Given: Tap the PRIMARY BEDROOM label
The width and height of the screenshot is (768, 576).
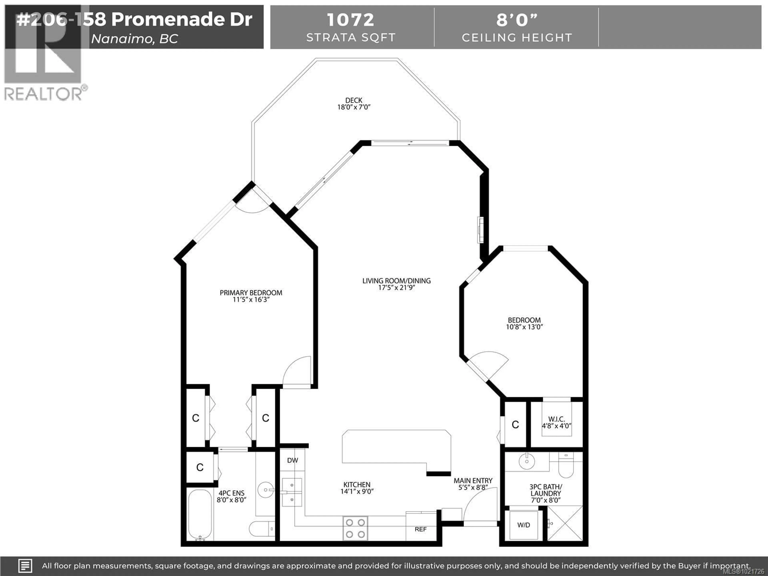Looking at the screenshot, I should tap(251, 293).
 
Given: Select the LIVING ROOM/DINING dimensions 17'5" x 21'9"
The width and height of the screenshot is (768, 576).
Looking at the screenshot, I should tap(396, 287).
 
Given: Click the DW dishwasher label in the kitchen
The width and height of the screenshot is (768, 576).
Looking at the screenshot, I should tap(292, 460).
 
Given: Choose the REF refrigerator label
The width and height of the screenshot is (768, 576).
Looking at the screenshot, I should tap(420, 529).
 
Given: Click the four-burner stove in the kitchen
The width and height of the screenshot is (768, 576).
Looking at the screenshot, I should tap(355, 528).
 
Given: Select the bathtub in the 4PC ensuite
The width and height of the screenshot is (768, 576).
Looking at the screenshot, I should tap(200, 514).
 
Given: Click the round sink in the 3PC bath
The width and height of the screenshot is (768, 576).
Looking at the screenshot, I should tap(527, 461).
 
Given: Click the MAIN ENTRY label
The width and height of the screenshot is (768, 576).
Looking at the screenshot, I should tap(473, 481).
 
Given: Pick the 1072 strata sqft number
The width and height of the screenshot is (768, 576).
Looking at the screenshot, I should tap(350, 20).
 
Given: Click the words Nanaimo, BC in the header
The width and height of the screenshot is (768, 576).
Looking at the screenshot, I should tap(134, 39).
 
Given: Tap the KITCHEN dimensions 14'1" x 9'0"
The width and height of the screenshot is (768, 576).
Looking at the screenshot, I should tap(357, 491).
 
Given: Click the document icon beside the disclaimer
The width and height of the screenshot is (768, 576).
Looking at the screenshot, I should tap(25, 566).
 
